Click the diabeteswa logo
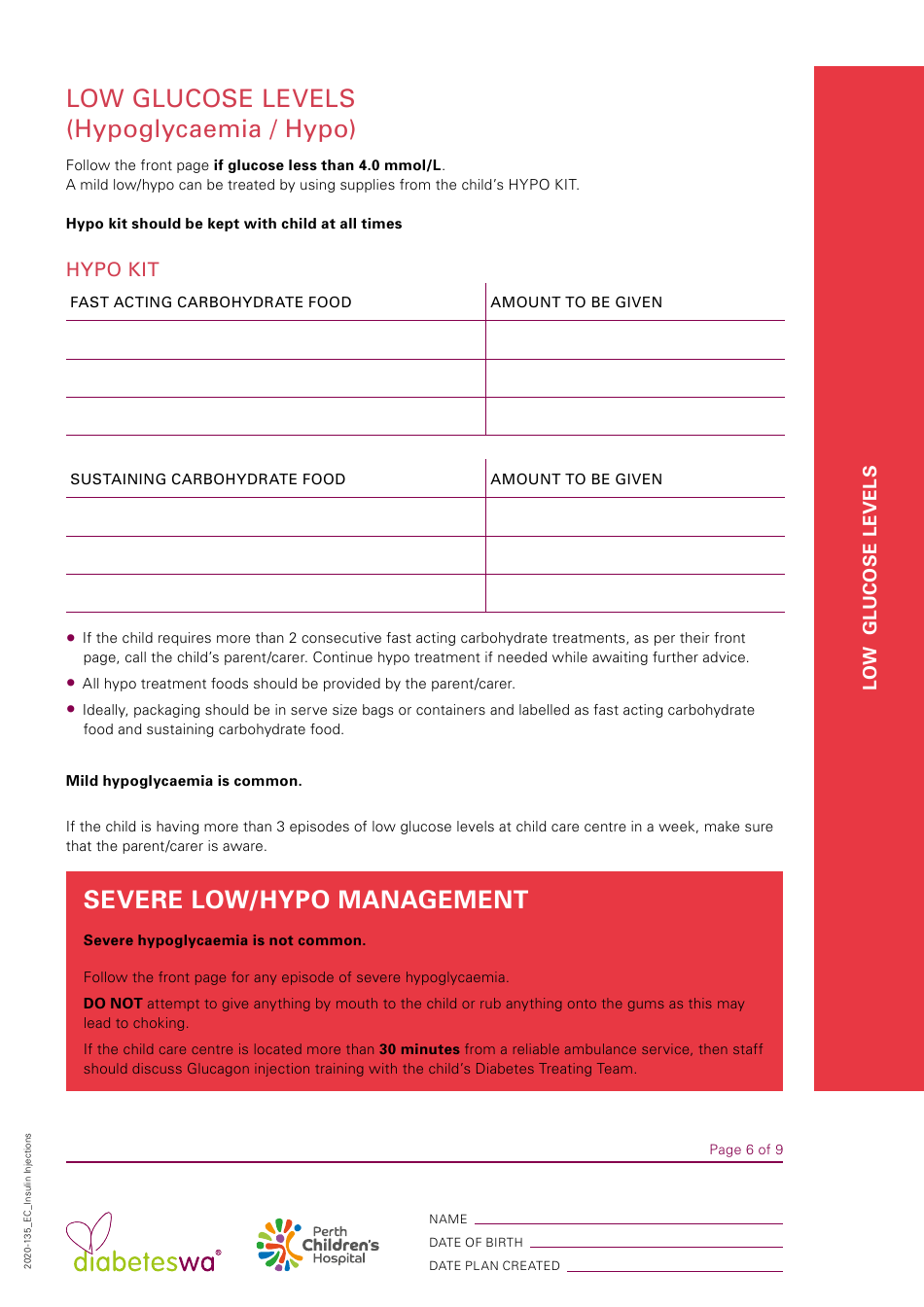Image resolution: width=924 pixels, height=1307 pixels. point(144,1246)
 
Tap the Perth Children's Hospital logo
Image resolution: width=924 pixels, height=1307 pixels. point(317,1245)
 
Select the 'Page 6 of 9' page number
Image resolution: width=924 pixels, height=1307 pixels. point(745,1149)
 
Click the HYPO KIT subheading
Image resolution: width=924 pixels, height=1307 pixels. point(113,269)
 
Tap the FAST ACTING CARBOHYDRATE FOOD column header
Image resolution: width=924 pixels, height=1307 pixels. point(211,302)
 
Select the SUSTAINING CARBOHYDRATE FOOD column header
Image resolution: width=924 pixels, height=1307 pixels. point(208,479)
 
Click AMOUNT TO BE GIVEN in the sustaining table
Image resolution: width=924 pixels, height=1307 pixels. point(576,479)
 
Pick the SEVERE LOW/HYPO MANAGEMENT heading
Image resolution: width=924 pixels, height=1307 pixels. point(305,900)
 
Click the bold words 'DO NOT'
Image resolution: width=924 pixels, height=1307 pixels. point(113,1004)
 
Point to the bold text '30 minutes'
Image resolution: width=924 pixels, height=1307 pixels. point(419,1049)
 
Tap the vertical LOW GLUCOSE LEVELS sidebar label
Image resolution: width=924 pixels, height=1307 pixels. point(870,578)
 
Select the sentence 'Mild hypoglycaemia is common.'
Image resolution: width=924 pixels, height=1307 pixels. point(184,781)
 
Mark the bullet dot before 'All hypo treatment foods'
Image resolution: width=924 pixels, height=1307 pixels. point(71,683)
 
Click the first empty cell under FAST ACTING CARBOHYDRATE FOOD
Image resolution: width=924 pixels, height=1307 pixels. point(275,340)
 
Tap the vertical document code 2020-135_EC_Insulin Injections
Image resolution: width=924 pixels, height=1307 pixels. point(27,1200)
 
